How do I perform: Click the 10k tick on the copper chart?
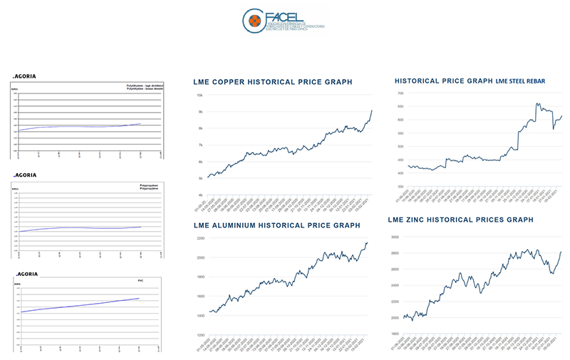pos(200,95)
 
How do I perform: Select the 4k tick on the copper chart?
pos(200,195)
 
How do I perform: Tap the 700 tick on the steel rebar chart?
pos(400,93)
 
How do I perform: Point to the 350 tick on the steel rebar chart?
pos(400,187)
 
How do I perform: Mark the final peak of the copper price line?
pos(372,110)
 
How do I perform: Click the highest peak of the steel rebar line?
pos(537,103)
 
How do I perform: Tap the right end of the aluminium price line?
pos(368,243)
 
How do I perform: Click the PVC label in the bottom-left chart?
pos(141,281)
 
